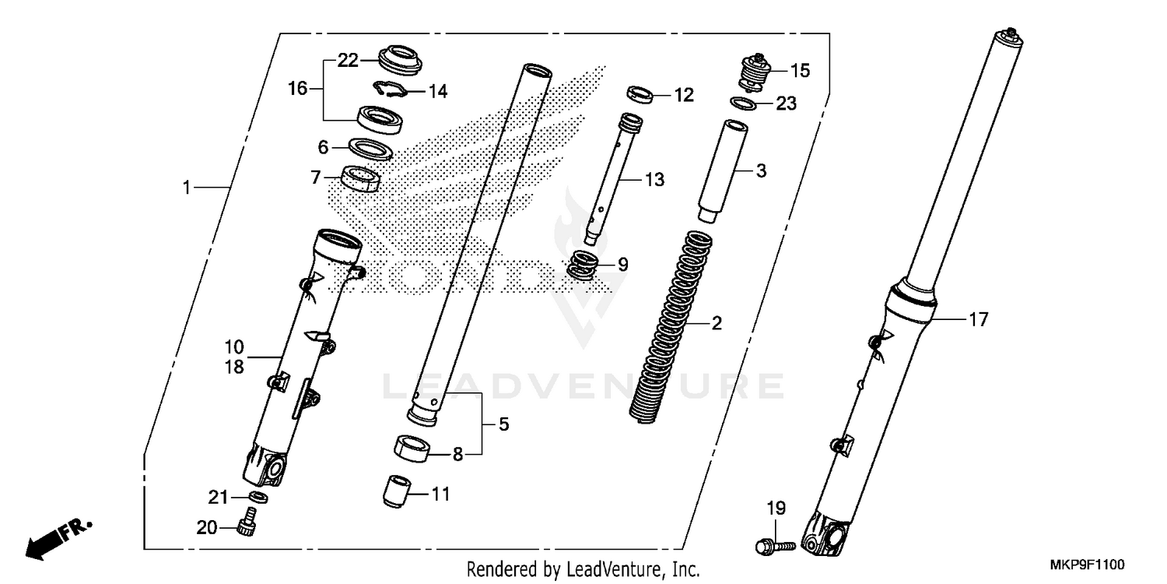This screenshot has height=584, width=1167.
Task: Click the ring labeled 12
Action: coord(639,95)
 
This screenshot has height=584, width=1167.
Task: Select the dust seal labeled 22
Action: coord(399,60)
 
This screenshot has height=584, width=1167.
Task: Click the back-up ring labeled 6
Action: coord(368,146)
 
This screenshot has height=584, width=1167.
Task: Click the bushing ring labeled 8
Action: coord(413,450)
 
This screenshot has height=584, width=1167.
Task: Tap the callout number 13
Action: coord(654,180)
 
